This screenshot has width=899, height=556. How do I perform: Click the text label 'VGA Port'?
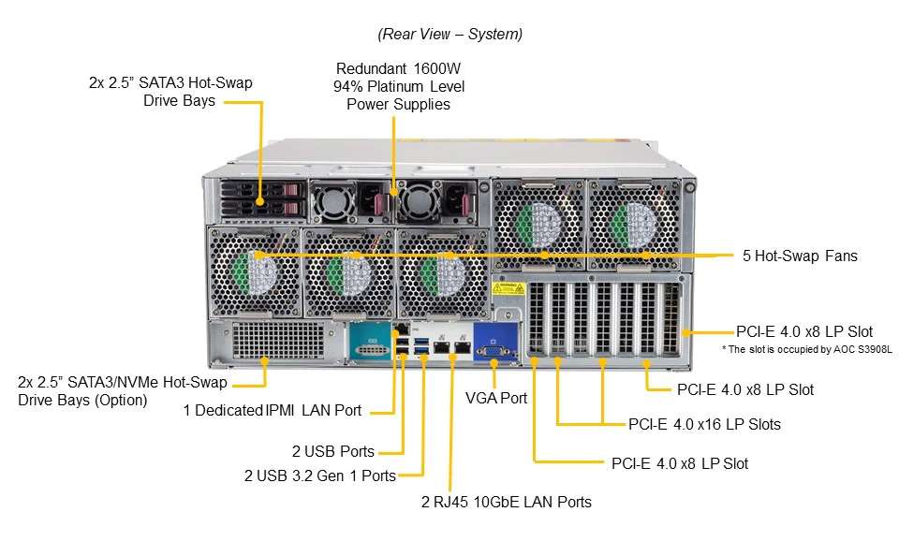(496, 398)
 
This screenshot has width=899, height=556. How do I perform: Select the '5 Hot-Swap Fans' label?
(799, 256)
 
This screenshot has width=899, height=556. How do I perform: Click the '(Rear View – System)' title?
(449, 34)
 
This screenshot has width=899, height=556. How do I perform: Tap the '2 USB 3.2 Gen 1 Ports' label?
(319, 476)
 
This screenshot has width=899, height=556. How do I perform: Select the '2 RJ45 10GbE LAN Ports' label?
(507, 502)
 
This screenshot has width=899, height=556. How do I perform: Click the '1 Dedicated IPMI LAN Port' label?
(273, 410)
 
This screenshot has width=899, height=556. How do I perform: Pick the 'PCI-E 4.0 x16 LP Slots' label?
(704, 424)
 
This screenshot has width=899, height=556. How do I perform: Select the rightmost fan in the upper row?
(634, 226)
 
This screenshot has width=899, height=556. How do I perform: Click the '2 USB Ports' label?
(332, 451)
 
